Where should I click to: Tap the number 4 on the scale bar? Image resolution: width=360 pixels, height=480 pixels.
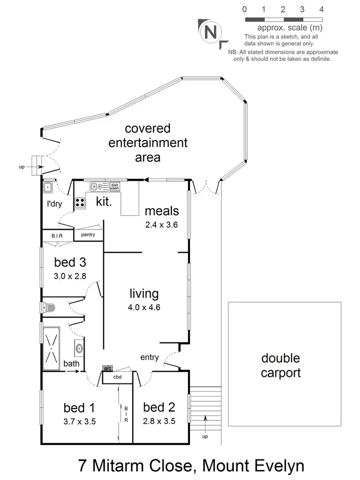tap(321, 9)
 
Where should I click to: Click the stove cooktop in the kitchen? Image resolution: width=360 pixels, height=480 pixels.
tap(80, 203)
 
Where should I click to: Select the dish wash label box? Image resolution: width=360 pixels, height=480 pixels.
tap(115, 187)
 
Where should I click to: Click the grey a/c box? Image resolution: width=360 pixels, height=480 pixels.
tap(107, 368)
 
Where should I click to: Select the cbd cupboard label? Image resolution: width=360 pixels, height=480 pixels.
tap(118, 377)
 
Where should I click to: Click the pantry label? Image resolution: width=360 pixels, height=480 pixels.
tap(88, 235)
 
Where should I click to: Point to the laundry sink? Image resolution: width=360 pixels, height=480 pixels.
tap(48, 187)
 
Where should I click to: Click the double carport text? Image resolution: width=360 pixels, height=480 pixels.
tap(281, 365)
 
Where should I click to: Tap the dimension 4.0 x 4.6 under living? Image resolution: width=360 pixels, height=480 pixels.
tap(144, 307)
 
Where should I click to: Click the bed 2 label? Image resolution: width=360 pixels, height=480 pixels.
tap(159, 408)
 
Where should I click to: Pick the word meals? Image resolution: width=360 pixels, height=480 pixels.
tap(162, 211)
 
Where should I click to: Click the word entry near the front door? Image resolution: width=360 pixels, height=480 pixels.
tap(149, 357)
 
